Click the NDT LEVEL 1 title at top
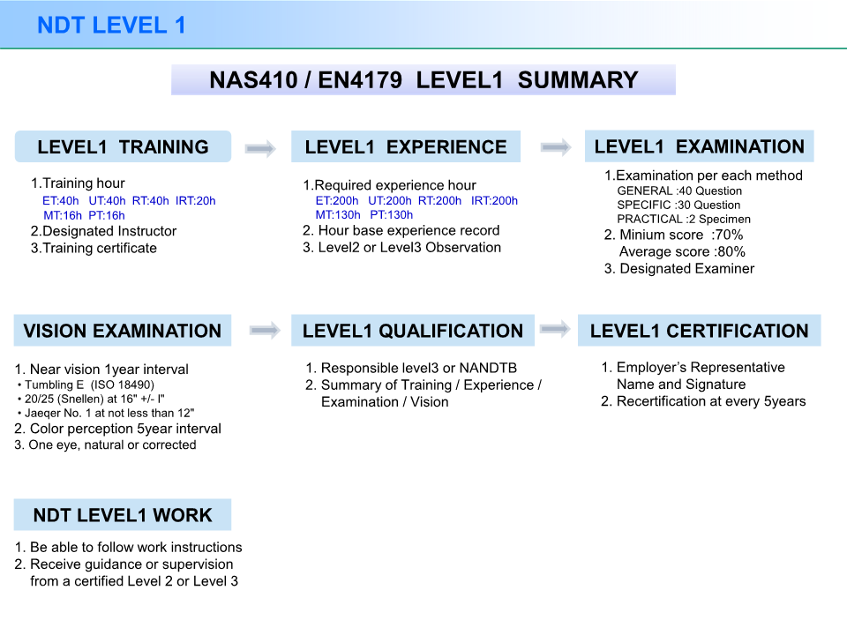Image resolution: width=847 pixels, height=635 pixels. pos(111,25)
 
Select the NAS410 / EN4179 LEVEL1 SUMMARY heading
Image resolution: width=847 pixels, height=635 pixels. pos(423,80)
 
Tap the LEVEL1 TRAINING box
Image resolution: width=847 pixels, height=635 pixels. pos(123,146)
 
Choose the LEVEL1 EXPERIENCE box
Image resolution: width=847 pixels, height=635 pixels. pos(406,147)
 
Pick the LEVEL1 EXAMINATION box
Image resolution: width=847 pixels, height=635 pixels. pos(699,146)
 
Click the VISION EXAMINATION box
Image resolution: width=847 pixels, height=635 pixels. pos(123,331)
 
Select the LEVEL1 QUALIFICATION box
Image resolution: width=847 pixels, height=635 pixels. pos(412,331)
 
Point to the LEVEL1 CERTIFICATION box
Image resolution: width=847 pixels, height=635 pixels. pos(699,331)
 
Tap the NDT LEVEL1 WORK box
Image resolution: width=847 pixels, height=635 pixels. pos(123,515)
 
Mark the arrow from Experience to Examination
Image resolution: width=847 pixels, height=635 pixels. pos(555,147)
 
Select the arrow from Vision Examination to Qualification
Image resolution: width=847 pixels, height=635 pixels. pos(265,331)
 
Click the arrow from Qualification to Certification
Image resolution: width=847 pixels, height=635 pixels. pos(555,329)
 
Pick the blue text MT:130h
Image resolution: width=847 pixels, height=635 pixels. pos(338,214)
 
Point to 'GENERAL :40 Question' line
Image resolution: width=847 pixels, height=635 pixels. pos(679,190)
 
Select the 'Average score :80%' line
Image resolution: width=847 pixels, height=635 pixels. pos(682,251)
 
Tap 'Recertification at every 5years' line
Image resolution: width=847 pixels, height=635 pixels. pos(703,401)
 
